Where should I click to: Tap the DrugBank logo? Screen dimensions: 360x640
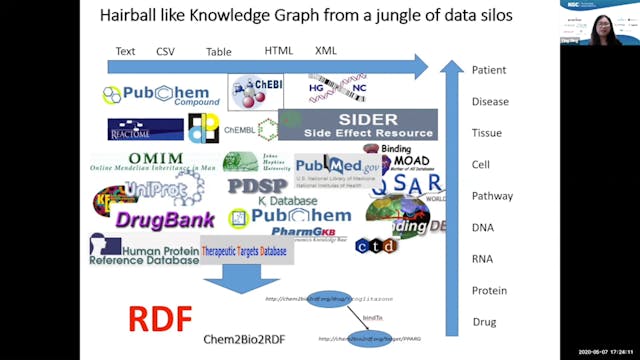pos(165,219)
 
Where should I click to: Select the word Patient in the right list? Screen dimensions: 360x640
pos(489,70)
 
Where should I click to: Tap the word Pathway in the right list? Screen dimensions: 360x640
pos(490,196)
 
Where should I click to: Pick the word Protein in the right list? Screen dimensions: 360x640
pos(489,290)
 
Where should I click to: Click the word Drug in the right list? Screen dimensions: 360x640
pos(484,322)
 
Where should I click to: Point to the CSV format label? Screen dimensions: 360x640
pos(165,51)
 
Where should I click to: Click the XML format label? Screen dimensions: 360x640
pos(326,50)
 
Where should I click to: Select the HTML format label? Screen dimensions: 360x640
pos(279,50)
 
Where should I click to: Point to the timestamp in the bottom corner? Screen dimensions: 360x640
pos(602,352)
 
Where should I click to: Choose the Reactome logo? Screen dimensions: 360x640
pos(146,129)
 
